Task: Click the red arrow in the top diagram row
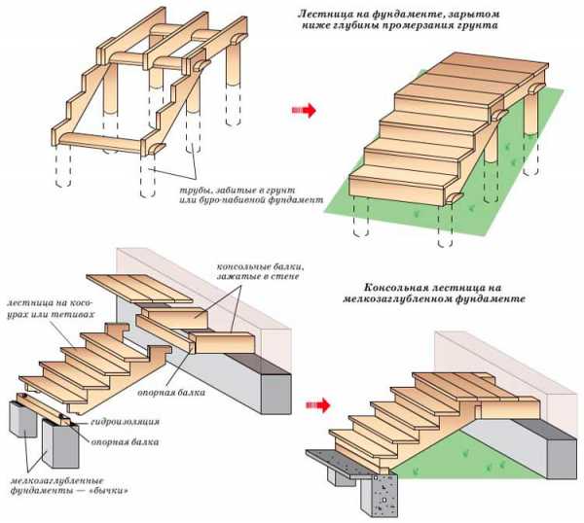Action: click(306, 110)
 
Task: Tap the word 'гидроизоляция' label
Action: click(128, 423)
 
